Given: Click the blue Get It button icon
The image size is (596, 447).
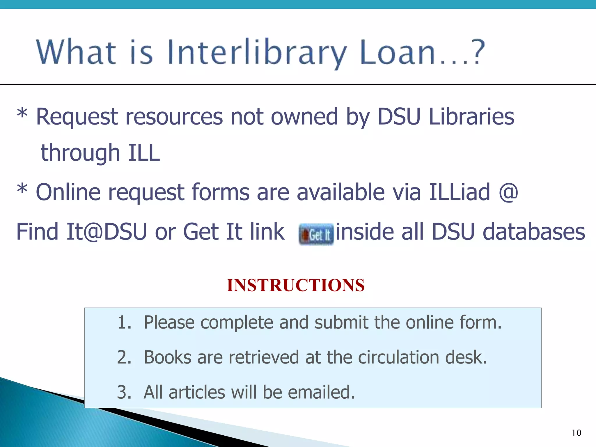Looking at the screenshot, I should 316,234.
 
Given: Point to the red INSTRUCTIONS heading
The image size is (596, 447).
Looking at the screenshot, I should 296,285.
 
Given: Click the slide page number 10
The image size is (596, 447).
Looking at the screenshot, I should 576,433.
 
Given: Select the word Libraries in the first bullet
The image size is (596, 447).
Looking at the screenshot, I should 471,117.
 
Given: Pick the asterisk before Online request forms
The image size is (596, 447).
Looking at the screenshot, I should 22,189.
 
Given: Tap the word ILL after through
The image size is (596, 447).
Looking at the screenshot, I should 144,153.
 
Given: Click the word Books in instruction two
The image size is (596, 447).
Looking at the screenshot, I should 168,357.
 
